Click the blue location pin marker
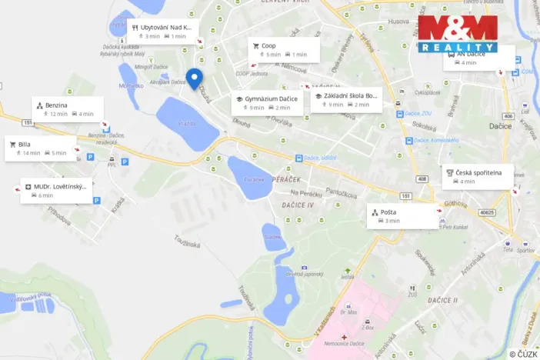(195, 78)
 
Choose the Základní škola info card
(346, 100)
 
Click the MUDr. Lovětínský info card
(57, 190)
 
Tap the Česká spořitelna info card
(478, 177)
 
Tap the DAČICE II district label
(443, 299)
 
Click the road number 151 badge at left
(28, 121)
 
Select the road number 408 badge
(422, 179)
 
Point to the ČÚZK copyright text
(523, 354)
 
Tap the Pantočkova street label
(342, 191)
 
